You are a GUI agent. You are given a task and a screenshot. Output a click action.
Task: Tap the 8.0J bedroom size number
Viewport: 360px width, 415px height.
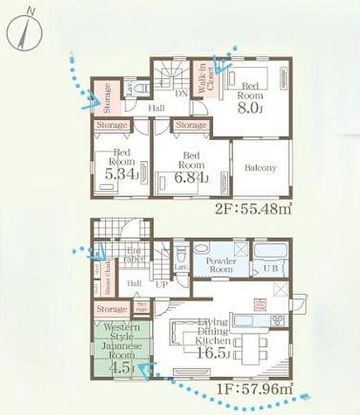(251, 109)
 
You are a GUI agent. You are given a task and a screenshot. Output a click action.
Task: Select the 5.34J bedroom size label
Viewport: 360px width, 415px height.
(121, 173)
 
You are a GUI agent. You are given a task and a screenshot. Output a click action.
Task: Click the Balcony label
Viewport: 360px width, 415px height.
(260, 168)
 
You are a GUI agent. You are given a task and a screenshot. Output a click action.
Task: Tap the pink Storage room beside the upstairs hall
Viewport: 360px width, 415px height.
(107, 97)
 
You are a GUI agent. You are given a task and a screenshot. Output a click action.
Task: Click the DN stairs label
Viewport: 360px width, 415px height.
(180, 93)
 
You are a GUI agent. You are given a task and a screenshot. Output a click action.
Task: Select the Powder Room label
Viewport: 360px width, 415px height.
(222, 265)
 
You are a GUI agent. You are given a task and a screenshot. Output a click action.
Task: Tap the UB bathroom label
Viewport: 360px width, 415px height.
(271, 269)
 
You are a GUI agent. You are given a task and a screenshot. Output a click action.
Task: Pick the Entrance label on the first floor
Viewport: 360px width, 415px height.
(135, 254)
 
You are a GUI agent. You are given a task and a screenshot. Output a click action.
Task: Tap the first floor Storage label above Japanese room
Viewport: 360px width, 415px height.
(111, 309)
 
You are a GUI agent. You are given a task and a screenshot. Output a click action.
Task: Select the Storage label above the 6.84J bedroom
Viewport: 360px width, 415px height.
(190, 125)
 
